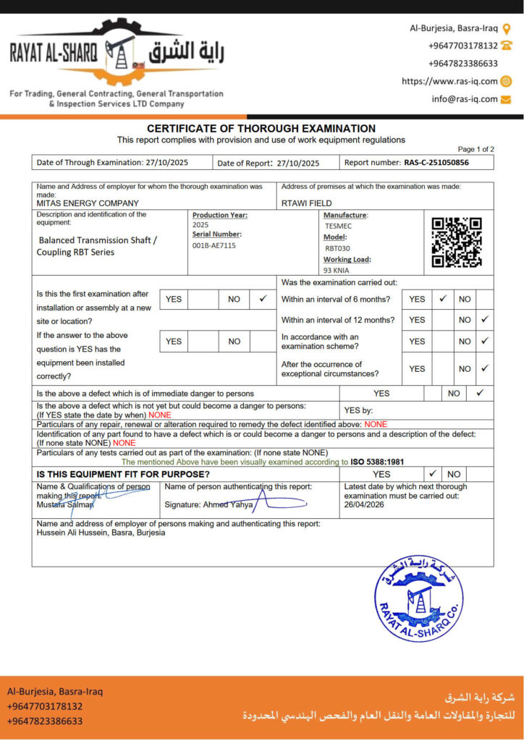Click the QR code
pyautogui.click(x=457, y=242)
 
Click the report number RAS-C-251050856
pyautogui.click(x=436, y=163)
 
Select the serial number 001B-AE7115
pyautogui.click(x=214, y=245)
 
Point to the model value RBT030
pyautogui.click(x=337, y=247)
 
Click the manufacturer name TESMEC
pyautogui.click(x=339, y=226)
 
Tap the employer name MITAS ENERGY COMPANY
pyautogui.click(x=88, y=203)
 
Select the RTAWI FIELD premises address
pyautogui.click(x=307, y=203)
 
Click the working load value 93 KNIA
pyautogui.click(x=336, y=270)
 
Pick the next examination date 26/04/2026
pyautogui.click(x=364, y=504)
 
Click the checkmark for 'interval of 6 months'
pyautogui.click(x=443, y=298)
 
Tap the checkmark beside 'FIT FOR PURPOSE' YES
pyautogui.click(x=432, y=474)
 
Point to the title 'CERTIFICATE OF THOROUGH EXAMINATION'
pyautogui.click(x=261, y=128)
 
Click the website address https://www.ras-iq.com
pyautogui.click(x=449, y=82)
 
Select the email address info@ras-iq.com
pyautogui.click(x=465, y=99)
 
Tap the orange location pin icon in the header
pyautogui.click(x=507, y=28)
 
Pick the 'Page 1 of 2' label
pyautogui.click(x=476, y=149)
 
